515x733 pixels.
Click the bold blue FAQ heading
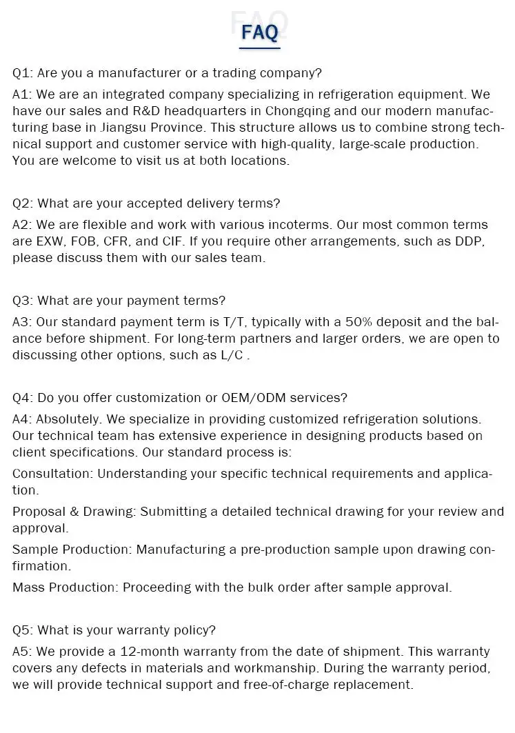click(260, 32)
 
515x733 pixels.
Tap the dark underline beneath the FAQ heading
click(260, 48)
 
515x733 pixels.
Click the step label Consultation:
click(52, 474)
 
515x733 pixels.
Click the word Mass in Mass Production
click(29, 588)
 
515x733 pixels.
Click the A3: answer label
click(22, 322)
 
